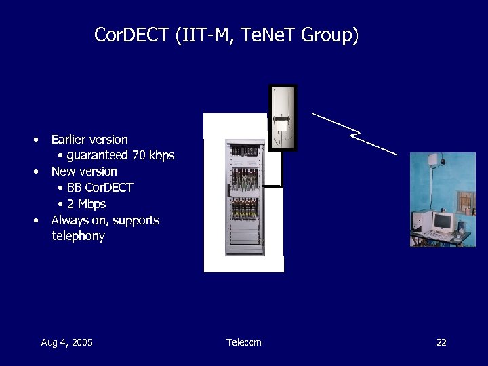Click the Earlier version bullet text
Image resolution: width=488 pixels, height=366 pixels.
[89, 140]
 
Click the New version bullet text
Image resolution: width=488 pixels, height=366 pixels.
[84, 171]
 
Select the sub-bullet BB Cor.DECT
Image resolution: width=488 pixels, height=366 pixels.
[100, 188]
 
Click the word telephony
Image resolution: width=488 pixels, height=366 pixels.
[78, 237]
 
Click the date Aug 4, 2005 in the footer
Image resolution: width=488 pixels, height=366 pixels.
[66, 342]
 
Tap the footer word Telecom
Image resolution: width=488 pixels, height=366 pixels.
[244, 342]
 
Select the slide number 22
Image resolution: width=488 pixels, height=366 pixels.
[441, 342]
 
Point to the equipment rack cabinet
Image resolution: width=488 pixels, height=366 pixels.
[245, 197]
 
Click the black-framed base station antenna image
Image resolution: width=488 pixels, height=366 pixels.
[283, 117]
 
